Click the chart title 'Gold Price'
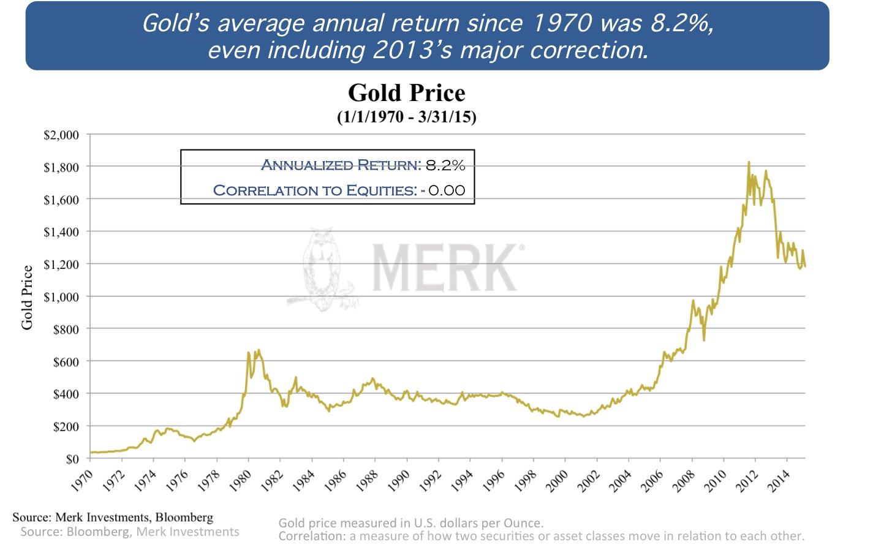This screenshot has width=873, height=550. click(x=406, y=93)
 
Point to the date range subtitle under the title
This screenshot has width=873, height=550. click(x=406, y=116)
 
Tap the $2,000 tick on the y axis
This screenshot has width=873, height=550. click(x=61, y=135)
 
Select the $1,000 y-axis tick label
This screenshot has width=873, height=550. click(x=61, y=297)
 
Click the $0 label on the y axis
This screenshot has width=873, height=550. click(x=72, y=459)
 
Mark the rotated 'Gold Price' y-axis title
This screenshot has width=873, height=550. click(x=27, y=298)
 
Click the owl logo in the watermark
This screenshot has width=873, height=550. click(x=322, y=269)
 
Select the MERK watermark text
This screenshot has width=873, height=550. click(x=446, y=268)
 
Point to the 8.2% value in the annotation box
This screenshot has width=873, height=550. click(x=445, y=165)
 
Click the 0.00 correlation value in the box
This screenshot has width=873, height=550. click(x=447, y=190)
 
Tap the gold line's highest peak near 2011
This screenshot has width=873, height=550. click(x=749, y=163)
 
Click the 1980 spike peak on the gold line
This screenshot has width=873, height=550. click(x=259, y=350)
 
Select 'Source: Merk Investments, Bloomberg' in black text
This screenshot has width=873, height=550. click(x=113, y=517)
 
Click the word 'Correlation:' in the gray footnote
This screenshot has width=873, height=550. click(x=312, y=536)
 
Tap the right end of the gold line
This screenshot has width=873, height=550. click(x=804, y=266)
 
